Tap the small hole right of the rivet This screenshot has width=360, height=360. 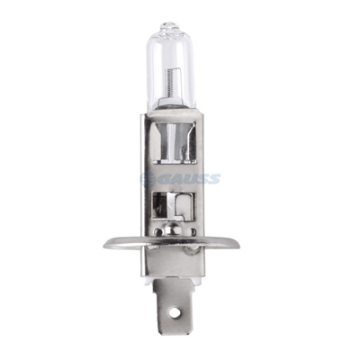pyautogui.click(x=201, y=233)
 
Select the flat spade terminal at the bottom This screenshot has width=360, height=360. pyautogui.click(x=180, y=310)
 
